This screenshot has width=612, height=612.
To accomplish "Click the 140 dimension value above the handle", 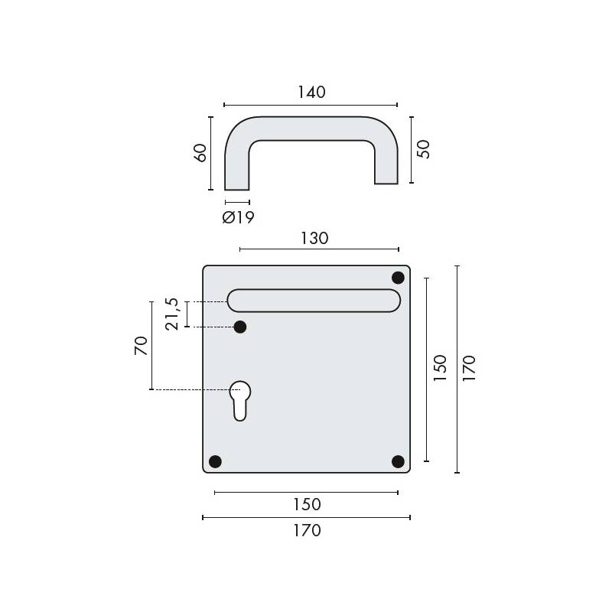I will tap(311, 92).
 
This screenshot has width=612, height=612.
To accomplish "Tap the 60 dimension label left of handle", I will tap(200, 152).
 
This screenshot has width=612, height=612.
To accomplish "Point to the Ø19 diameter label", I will tap(238, 217).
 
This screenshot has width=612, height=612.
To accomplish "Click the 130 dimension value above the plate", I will tap(314, 237).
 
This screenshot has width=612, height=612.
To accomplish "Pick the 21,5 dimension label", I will tap(173, 314).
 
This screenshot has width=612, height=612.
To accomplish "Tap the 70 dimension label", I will tap(140, 346).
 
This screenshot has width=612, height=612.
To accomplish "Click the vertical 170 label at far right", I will tap(469, 369).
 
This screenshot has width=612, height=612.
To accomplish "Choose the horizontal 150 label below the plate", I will tap(307, 505).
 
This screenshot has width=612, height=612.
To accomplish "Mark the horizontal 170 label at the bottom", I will tap(307, 530).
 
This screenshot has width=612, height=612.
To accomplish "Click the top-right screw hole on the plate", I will tap(398, 277).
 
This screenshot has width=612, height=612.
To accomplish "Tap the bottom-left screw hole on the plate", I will tap(215, 461).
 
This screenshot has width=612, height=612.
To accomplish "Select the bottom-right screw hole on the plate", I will tap(398, 461).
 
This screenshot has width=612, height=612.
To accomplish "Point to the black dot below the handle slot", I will tap(240, 327).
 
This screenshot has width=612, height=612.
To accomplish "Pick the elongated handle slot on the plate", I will tap(314, 300).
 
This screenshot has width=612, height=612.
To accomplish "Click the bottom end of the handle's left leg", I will tap(237, 188).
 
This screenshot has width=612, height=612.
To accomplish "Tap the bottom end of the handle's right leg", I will tap(386, 182).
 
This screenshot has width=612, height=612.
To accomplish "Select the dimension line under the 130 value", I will tap(319, 249).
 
